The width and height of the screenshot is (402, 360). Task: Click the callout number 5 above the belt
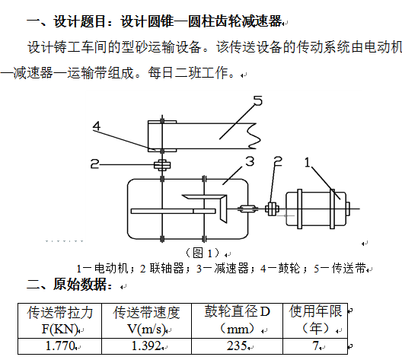[258, 100]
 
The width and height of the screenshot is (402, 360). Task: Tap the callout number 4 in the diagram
[97, 126]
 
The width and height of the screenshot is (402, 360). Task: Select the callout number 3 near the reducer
[250, 161]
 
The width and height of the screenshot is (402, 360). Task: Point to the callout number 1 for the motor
[307, 162]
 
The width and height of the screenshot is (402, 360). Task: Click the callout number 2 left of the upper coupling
[94, 164]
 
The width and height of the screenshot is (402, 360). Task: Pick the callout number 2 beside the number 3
[278, 161]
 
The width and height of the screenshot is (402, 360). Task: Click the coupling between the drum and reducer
[162, 165]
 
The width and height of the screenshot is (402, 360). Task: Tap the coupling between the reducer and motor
[272, 209]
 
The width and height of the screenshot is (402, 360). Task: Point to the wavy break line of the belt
[254, 135]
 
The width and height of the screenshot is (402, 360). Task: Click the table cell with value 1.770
[59, 346]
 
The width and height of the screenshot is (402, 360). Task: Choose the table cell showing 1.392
[146, 346]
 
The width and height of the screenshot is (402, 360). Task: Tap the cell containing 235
[237, 346]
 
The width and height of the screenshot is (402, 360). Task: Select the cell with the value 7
[315, 346]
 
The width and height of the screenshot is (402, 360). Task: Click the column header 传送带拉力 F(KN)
[59, 320]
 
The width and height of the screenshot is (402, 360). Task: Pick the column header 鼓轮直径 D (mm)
[237, 320]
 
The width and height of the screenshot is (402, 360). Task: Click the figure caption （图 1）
[203, 253]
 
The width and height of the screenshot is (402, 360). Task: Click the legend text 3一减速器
[222, 269]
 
